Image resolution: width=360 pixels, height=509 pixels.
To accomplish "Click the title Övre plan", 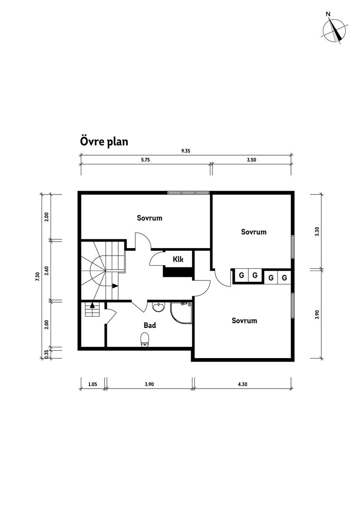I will (x=104, y=142).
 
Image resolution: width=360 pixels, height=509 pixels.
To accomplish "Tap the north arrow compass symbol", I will (x=335, y=30).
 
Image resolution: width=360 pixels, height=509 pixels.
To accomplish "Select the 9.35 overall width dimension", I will (x=186, y=151).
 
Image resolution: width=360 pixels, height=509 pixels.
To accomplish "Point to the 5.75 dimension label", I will (x=145, y=160).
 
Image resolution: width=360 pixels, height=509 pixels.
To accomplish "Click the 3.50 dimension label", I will (x=251, y=160).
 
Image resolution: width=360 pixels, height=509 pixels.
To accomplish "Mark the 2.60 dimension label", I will (x=47, y=271).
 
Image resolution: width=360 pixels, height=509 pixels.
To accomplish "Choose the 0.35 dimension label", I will (x=47, y=354).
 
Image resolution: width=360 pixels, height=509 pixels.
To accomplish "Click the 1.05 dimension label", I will (x=92, y=384).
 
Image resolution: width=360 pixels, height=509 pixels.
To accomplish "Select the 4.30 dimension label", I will (x=243, y=384).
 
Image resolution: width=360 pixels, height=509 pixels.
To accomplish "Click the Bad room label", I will (x=150, y=325).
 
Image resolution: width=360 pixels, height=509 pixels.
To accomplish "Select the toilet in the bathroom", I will (x=145, y=339).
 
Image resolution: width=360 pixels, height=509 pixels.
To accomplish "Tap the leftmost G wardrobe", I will (x=240, y=276).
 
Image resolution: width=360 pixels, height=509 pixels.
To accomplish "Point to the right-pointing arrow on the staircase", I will (x=115, y=286).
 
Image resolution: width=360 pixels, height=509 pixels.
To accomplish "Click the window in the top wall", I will (x=189, y=192).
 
